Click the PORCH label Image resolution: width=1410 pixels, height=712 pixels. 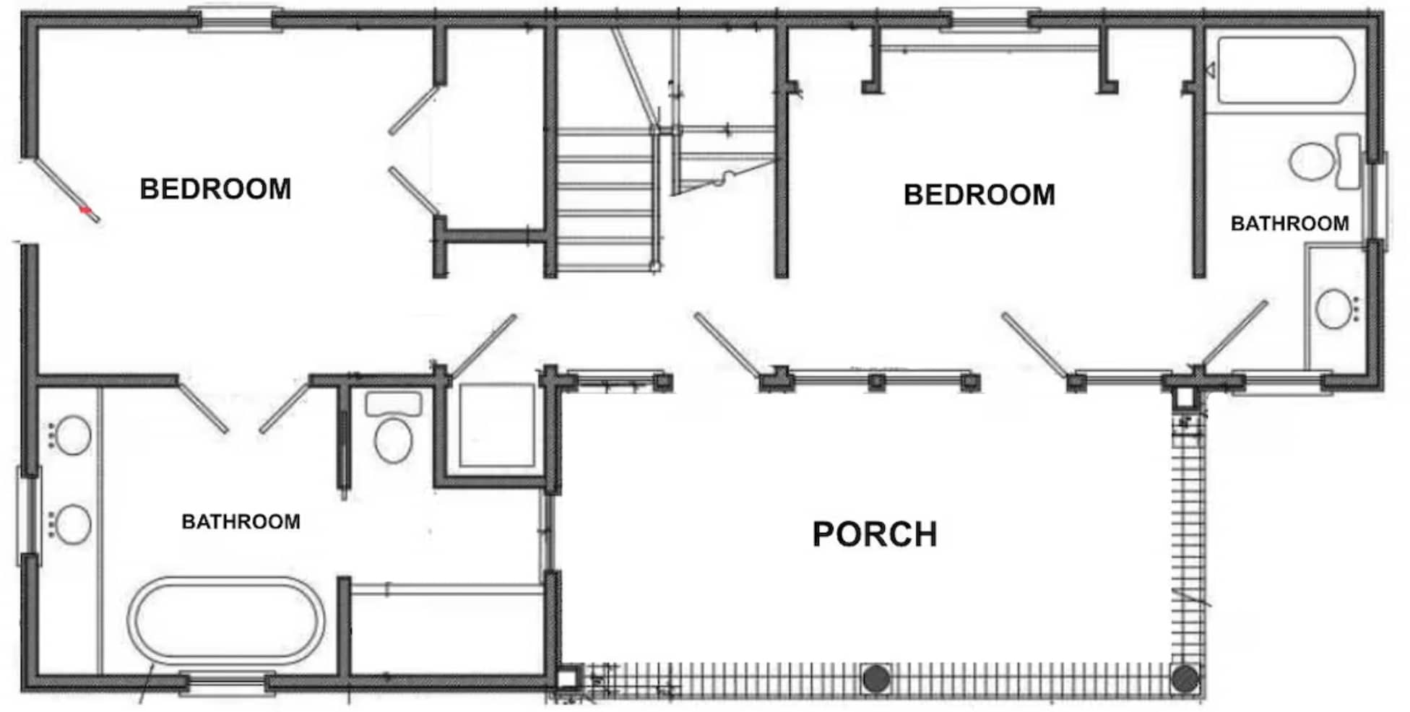pyautogui.click(x=875, y=534)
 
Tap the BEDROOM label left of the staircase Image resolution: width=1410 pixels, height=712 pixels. pyautogui.click(x=215, y=189)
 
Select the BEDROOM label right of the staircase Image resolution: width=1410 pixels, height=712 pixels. pyautogui.click(x=979, y=195)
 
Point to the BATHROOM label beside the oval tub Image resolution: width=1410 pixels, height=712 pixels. pyautogui.click(x=241, y=521)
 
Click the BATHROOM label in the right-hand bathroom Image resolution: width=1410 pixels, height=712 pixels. pyautogui.click(x=1289, y=224)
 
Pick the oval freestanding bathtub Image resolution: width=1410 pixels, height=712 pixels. pyautogui.click(x=226, y=620)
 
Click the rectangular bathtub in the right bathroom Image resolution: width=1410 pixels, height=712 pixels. pyautogui.click(x=1286, y=71)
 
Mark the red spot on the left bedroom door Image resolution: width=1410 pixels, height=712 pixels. pyautogui.click(x=86, y=211)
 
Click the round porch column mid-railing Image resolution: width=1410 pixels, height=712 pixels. pyautogui.click(x=876, y=679)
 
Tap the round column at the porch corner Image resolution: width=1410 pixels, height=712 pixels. pyautogui.click(x=1185, y=679)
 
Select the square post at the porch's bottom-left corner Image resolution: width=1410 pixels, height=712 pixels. pyautogui.click(x=570, y=678)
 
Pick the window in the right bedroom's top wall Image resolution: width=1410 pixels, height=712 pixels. pyautogui.click(x=988, y=19)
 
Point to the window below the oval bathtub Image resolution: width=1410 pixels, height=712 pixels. pyautogui.click(x=227, y=683)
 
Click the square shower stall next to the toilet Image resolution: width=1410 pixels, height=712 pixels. pyautogui.click(x=497, y=426)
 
